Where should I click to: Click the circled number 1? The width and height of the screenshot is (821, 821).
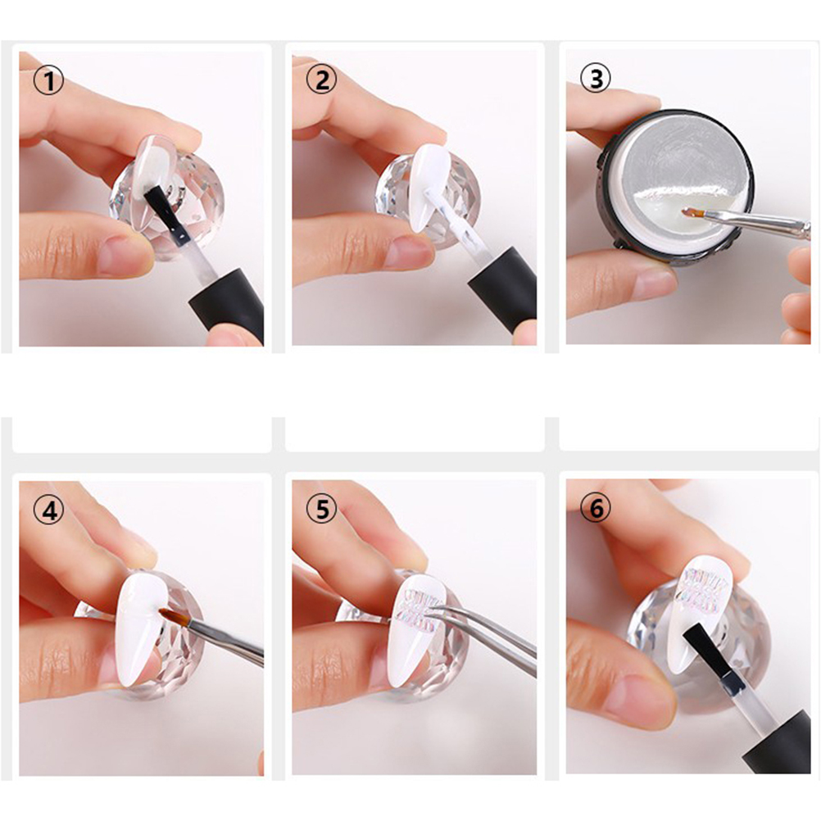point(48,81)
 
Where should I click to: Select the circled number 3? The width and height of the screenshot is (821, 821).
point(596,78)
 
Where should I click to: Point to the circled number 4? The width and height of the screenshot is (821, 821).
point(48,510)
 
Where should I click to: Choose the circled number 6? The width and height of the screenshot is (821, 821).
point(596,507)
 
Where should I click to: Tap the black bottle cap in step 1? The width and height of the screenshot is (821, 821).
point(227,304)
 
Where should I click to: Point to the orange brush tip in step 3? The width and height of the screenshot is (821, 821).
point(693,212)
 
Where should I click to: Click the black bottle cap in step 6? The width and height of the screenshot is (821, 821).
point(780,743)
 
